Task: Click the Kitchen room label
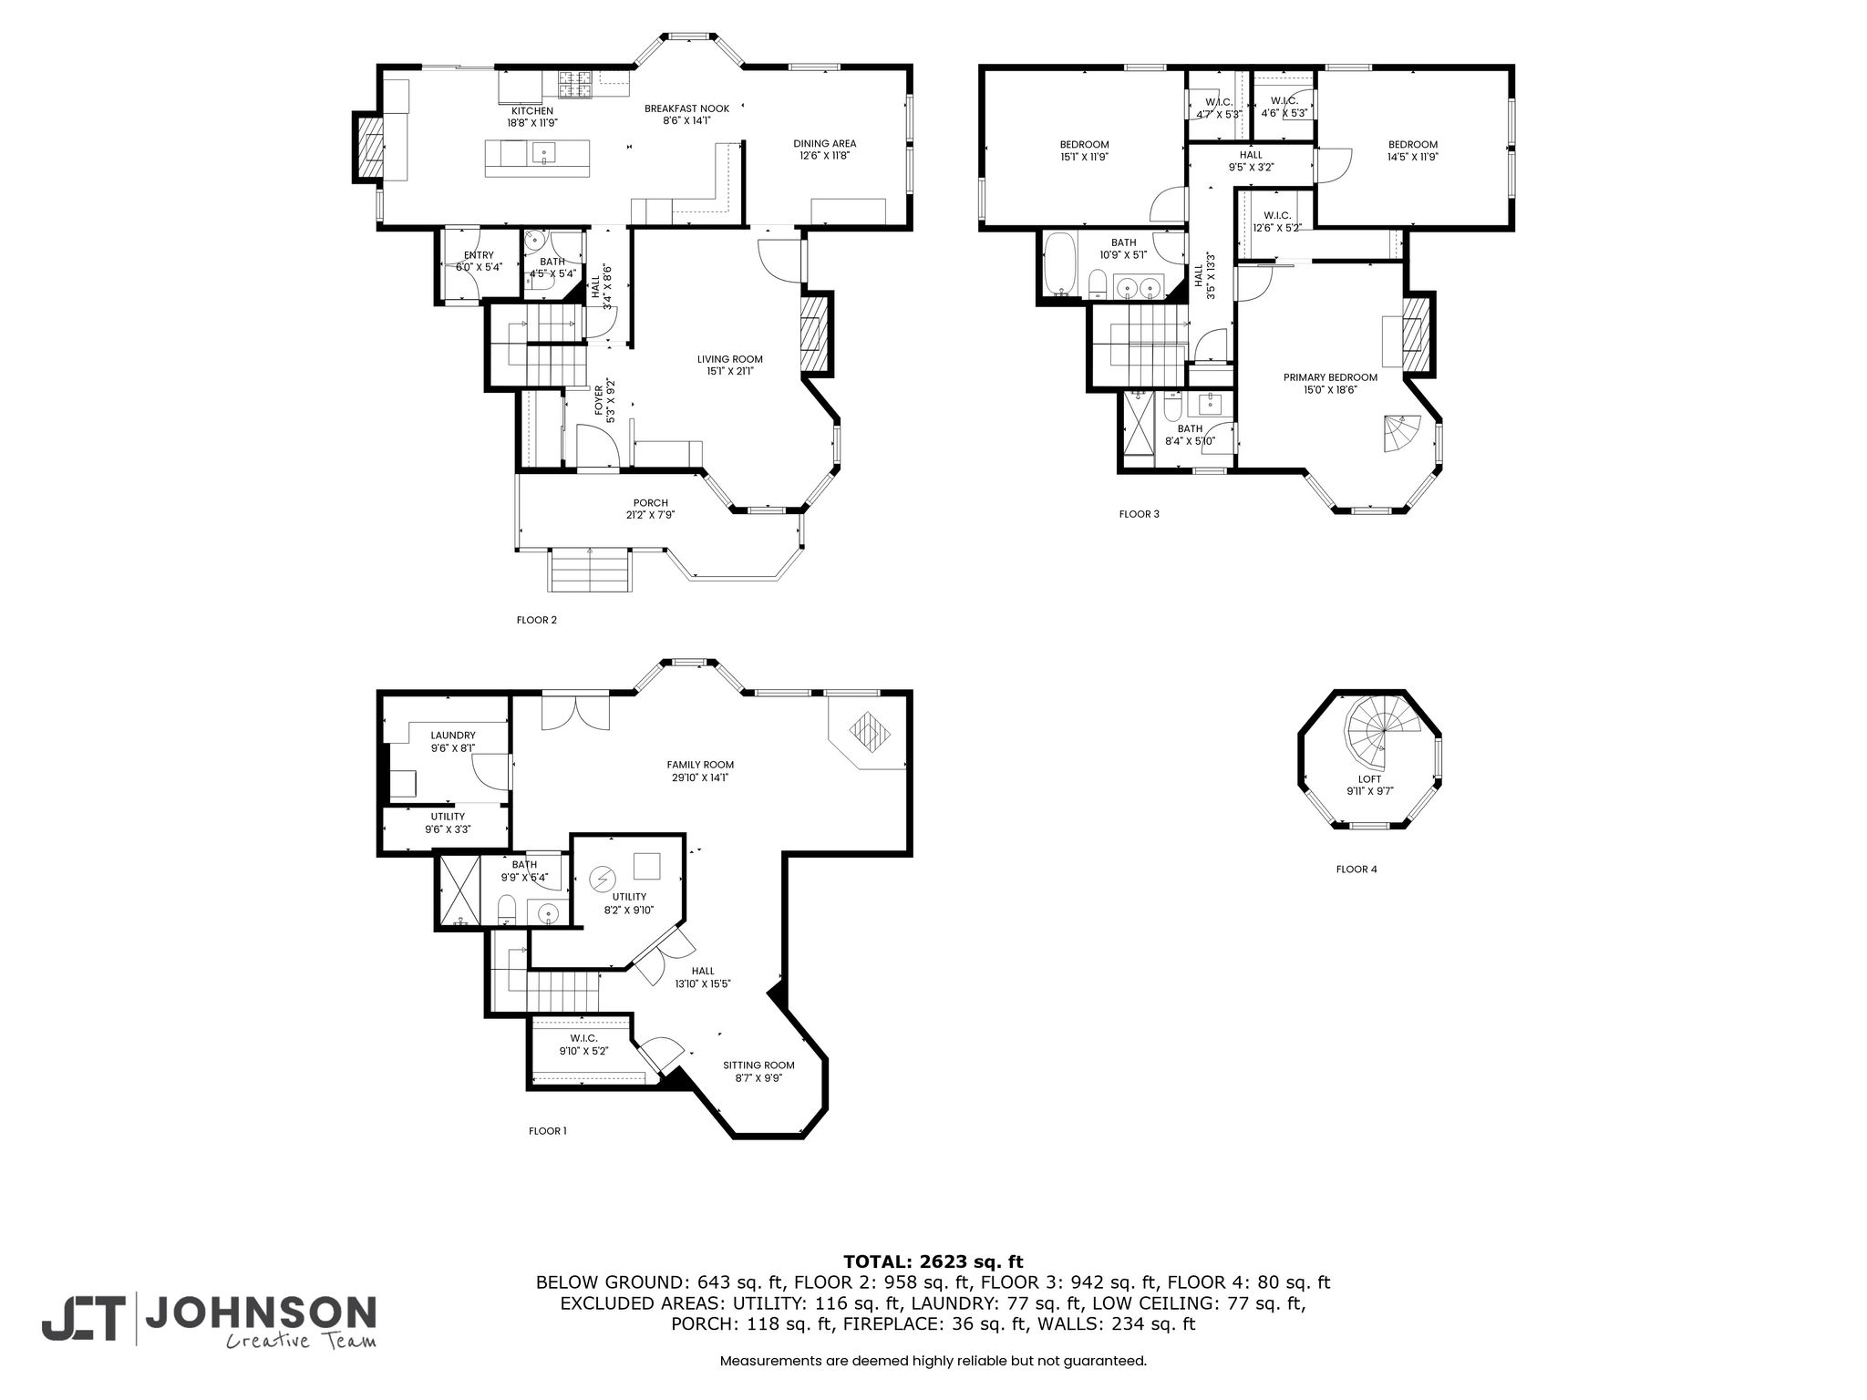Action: (x=531, y=111)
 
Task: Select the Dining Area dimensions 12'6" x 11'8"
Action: (x=824, y=156)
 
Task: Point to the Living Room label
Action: (x=729, y=359)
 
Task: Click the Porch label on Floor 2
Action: (x=650, y=503)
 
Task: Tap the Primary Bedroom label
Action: (x=1330, y=377)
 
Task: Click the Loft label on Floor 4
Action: (x=1369, y=779)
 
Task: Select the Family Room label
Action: (x=700, y=765)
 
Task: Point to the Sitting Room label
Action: (x=758, y=1065)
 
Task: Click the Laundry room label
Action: (x=453, y=736)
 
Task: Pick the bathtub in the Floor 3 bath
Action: (x=1059, y=265)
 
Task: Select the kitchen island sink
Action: (x=543, y=153)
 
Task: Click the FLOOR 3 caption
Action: (x=1139, y=514)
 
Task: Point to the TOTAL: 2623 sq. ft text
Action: (x=933, y=1261)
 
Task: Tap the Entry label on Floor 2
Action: (x=479, y=255)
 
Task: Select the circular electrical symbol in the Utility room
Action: (x=602, y=880)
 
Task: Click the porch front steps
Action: (x=589, y=570)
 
